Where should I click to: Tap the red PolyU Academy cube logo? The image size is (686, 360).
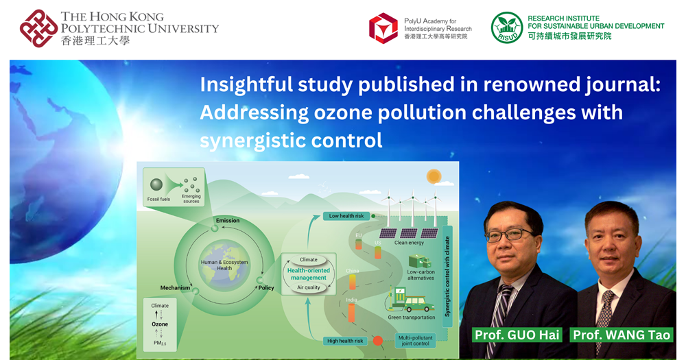click(383, 28)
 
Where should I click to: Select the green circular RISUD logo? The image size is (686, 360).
click(507, 28)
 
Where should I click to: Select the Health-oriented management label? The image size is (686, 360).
click(308, 274)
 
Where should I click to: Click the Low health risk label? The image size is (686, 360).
click(346, 216)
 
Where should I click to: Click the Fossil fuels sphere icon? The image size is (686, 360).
click(157, 185)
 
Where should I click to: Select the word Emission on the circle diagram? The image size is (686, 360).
click(227, 220)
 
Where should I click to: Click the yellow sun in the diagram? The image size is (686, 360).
click(433, 177)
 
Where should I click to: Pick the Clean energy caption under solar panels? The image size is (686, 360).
click(409, 243)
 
